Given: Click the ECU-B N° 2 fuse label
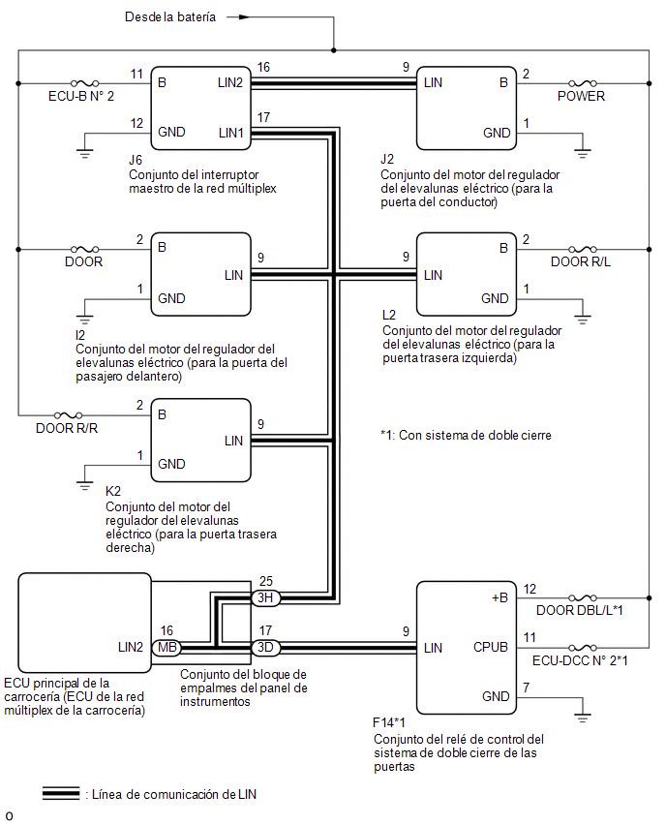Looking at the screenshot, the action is [x=81, y=96].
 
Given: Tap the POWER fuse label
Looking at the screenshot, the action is [x=582, y=96].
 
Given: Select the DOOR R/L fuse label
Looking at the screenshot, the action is [x=581, y=262].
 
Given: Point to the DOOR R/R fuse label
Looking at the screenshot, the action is [x=67, y=428].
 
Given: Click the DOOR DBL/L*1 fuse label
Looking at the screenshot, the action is [x=580, y=610].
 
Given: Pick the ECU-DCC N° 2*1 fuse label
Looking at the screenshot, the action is [x=580, y=660].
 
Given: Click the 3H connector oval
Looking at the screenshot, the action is [x=265, y=598].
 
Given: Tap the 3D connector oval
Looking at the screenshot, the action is [x=265, y=648].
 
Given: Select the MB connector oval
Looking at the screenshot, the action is [x=166, y=648].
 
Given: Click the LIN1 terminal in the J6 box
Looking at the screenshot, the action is [x=231, y=133].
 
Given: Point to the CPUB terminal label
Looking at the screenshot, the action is [x=490, y=647].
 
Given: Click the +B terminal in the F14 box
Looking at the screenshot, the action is [x=499, y=598].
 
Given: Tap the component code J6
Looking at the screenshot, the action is [x=136, y=160].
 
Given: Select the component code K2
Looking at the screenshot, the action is [x=113, y=492].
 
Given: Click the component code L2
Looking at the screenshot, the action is [x=389, y=315].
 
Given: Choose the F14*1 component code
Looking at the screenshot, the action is [x=389, y=723].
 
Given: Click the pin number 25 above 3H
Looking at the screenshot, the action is [x=266, y=581].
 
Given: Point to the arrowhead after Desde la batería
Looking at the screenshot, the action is [x=244, y=17].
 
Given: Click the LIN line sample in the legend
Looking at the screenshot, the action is [x=61, y=794].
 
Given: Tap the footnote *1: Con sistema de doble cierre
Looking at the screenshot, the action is [x=466, y=436].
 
